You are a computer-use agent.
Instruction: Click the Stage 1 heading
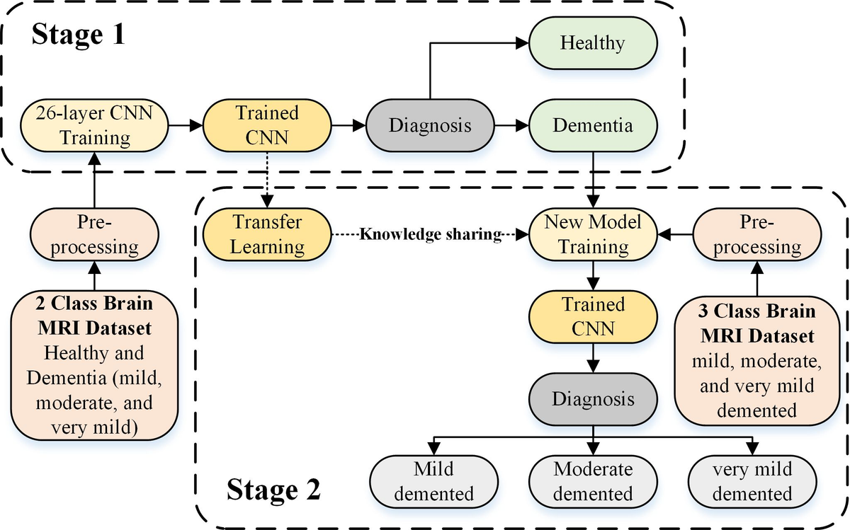click(x=78, y=35)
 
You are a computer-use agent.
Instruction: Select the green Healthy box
click(x=592, y=42)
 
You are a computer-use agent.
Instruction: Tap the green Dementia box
click(x=592, y=125)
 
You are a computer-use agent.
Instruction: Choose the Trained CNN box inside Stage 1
click(x=267, y=125)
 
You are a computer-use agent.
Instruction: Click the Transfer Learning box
click(x=267, y=235)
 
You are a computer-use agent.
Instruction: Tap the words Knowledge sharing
click(x=431, y=235)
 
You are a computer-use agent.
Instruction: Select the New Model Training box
click(x=593, y=235)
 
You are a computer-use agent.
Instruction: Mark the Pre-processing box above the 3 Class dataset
click(x=756, y=235)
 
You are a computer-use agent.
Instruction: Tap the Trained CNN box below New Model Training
click(x=593, y=317)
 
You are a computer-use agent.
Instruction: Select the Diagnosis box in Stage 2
click(x=593, y=398)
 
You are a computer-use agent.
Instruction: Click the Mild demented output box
click(x=433, y=481)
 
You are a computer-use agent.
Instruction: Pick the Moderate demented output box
click(x=593, y=481)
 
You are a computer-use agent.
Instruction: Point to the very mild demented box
click(x=752, y=481)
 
